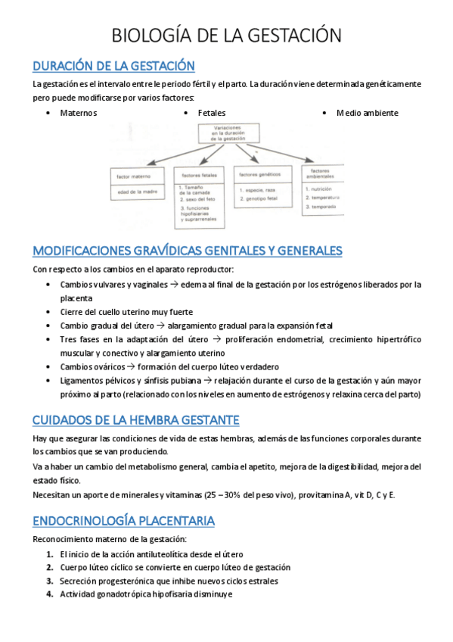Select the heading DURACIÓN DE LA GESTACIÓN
pos(113,66)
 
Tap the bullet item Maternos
pos(78,113)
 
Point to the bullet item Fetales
pos(212,113)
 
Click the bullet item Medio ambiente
pos(368,113)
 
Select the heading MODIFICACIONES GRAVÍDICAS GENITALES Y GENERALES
pos(188,250)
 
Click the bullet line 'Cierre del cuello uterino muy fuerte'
pos(126,311)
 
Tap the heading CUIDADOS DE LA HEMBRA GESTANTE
pos(136,419)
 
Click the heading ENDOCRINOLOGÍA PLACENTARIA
pos(124,521)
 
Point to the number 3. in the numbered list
pos(49,581)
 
